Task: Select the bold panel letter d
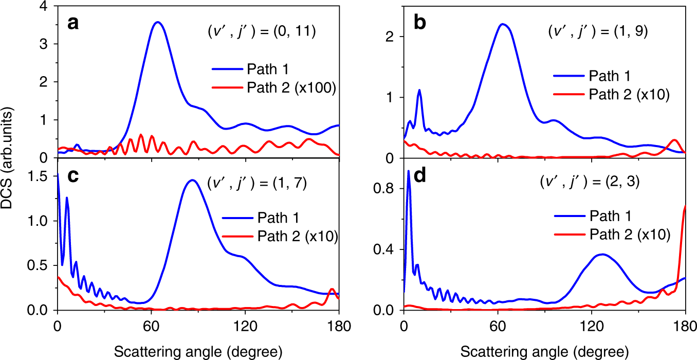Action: point(420,176)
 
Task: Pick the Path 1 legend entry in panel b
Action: point(591,77)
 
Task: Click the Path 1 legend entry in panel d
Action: point(591,215)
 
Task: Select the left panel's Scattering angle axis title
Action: point(197,351)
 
